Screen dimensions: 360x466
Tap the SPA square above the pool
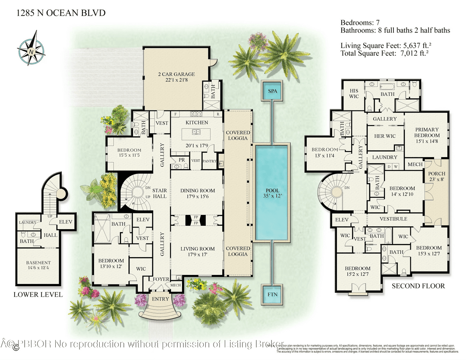click(x=272, y=92)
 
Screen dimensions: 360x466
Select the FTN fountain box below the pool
click(x=272, y=295)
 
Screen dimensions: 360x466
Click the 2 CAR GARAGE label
click(x=176, y=77)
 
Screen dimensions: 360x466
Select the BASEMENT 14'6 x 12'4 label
click(x=38, y=265)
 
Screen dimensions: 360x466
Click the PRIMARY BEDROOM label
click(x=427, y=133)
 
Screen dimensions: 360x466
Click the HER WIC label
click(x=384, y=136)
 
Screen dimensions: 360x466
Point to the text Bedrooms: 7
click(x=361, y=22)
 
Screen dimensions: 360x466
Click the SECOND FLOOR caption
click(x=418, y=286)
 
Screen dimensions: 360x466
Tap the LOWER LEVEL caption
click(x=38, y=295)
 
